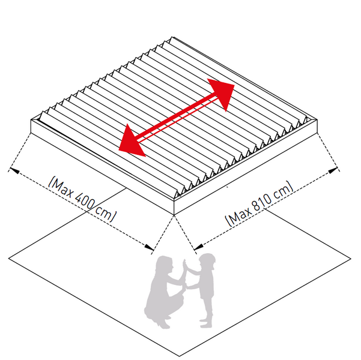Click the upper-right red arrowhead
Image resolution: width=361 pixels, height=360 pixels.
click(x=222, y=92)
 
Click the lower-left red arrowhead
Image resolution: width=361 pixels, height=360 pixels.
click(x=131, y=142)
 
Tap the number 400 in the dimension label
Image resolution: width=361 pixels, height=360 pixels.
click(x=85, y=200)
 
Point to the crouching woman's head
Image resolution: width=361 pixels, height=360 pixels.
click(x=164, y=265)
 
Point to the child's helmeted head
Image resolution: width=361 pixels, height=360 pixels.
click(x=207, y=261)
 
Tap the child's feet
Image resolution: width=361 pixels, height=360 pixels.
click(x=206, y=323)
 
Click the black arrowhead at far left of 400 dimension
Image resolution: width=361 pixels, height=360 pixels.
click(x=14, y=170)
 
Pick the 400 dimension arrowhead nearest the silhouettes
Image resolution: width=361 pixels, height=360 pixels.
click(x=149, y=247)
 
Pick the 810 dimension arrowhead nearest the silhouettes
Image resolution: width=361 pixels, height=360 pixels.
click(x=199, y=247)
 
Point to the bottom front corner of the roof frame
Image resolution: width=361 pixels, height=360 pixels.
click(x=174, y=215)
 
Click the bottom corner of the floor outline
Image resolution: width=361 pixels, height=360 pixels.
click(x=180, y=356)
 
